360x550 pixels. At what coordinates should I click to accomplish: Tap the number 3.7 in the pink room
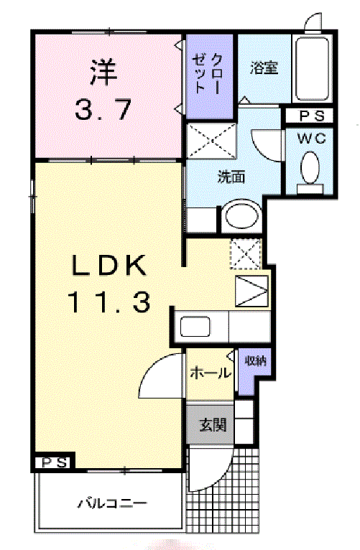point(103,109)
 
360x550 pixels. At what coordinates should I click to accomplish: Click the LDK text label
point(109,265)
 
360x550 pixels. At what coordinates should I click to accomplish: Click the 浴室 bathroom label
point(264,67)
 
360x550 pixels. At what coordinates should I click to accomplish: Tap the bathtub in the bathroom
point(313,68)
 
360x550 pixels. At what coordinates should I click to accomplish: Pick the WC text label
point(312,138)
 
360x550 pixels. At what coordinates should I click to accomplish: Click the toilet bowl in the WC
point(310,168)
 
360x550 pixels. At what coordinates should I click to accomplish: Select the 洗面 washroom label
point(231,177)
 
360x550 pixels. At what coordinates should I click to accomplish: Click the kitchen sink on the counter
point(195,326)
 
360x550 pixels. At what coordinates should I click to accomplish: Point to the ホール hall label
point(211,373)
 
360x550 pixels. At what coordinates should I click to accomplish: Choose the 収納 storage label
point(255,360)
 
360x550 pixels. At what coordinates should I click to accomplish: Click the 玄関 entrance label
point(213,425)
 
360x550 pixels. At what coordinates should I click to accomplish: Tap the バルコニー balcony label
point(112,504)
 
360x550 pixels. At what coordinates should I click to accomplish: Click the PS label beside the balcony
point(55,463)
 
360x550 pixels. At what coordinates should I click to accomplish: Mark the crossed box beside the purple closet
point(211,141)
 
